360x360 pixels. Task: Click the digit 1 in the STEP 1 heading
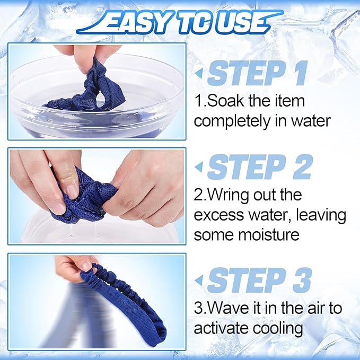pyautogui.click(x=298, y=74)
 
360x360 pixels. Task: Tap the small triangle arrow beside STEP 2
pyautogui.click(x=199, y=168)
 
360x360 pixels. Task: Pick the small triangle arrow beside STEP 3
pyautogui.click(x=199, y=281)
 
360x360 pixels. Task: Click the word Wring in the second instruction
pyautogui.click(x=230, y=195)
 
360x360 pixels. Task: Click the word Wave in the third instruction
pyautogui.click(x=228, y=309)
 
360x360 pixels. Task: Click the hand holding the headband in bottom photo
pyautogui.click(x=74, y=268)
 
